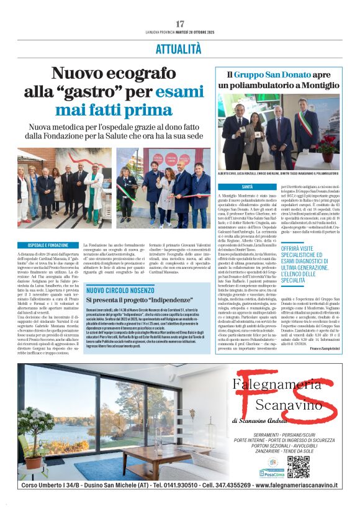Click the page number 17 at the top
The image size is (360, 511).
tap(180, 24)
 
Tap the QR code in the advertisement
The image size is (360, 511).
tap(298, 466)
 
